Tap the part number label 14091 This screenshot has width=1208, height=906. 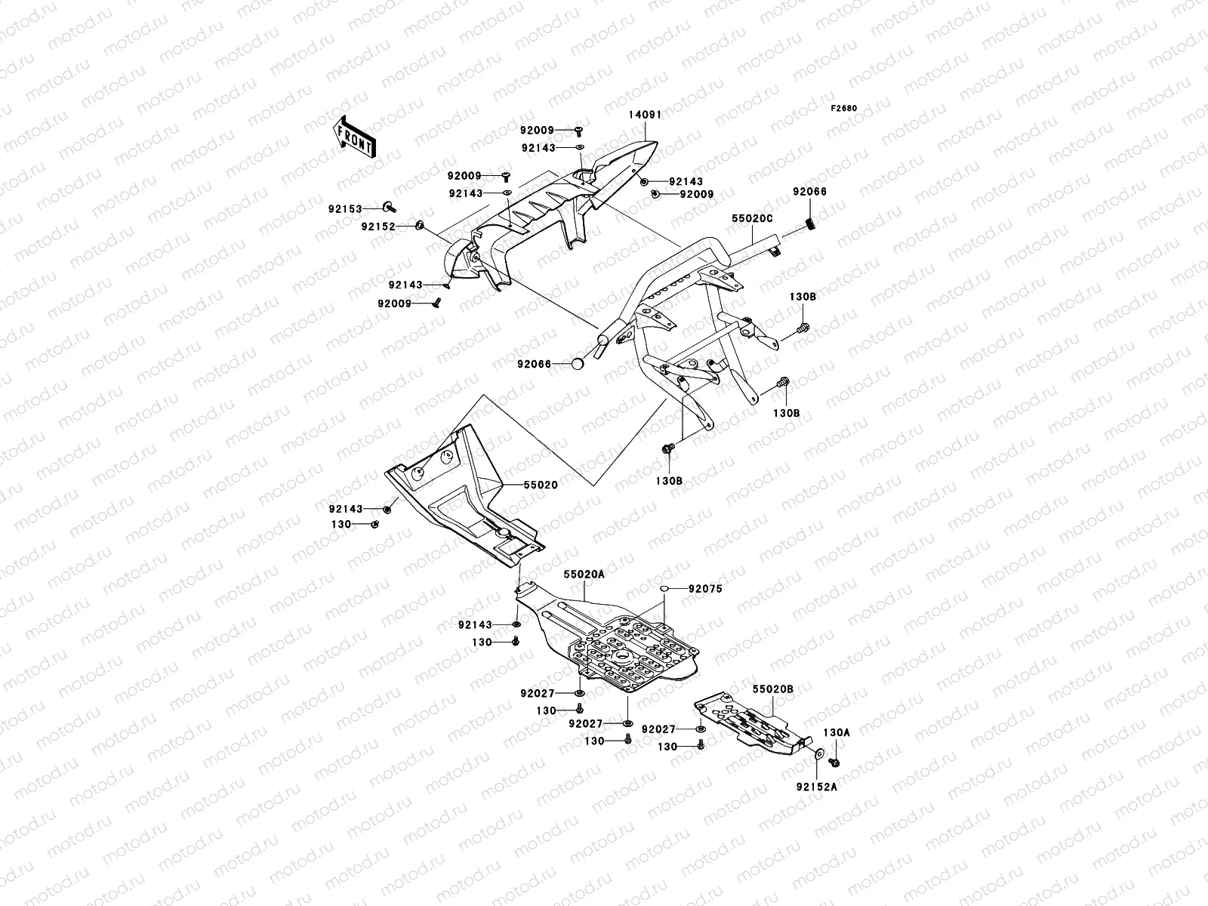[645, 116]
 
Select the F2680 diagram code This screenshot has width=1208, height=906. [845, 108]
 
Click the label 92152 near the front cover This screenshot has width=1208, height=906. [377, 226]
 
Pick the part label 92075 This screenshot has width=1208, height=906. [706, 589]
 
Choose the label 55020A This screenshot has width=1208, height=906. [584, 575]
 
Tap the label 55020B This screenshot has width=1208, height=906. [772, 689]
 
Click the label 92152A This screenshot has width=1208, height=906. [816, 787]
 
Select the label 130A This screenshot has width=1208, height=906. [836, 732]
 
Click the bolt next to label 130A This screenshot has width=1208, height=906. [836, 761]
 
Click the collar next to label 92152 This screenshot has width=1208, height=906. [420, 225]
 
